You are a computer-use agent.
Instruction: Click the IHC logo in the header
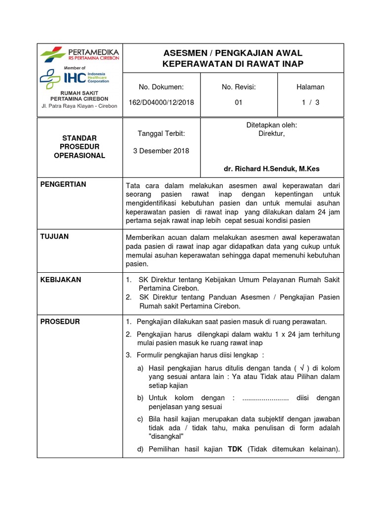(x=74, y=78)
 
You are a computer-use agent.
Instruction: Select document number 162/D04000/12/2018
(x=161, y=102)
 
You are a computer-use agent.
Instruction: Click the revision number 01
(x=239, y=102)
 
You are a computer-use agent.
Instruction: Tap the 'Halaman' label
(x=310, y=87)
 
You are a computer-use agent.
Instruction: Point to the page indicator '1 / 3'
(x=311, y=102)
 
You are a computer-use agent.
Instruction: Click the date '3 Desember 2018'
(x=161, y=151)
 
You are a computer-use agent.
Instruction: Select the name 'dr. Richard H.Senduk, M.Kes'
(x=271, y=169)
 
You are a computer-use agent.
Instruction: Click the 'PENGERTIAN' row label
(x=63, y=184)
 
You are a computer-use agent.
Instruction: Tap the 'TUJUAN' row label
(x=54, y=237)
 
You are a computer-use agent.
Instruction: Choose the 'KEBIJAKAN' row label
(x=61, y=280)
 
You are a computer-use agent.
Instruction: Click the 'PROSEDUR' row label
(x=60, y=322)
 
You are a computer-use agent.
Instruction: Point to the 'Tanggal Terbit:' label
(x=161, y=134)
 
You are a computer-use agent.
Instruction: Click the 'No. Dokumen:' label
(x=161, y=87)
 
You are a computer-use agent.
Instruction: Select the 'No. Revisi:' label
(x=239, y=87)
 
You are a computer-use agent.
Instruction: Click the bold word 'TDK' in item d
(x=234, y=450)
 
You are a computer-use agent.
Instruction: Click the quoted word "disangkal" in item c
(x=166, y=437)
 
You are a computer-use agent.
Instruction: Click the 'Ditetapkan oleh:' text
(x=271, y=125)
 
